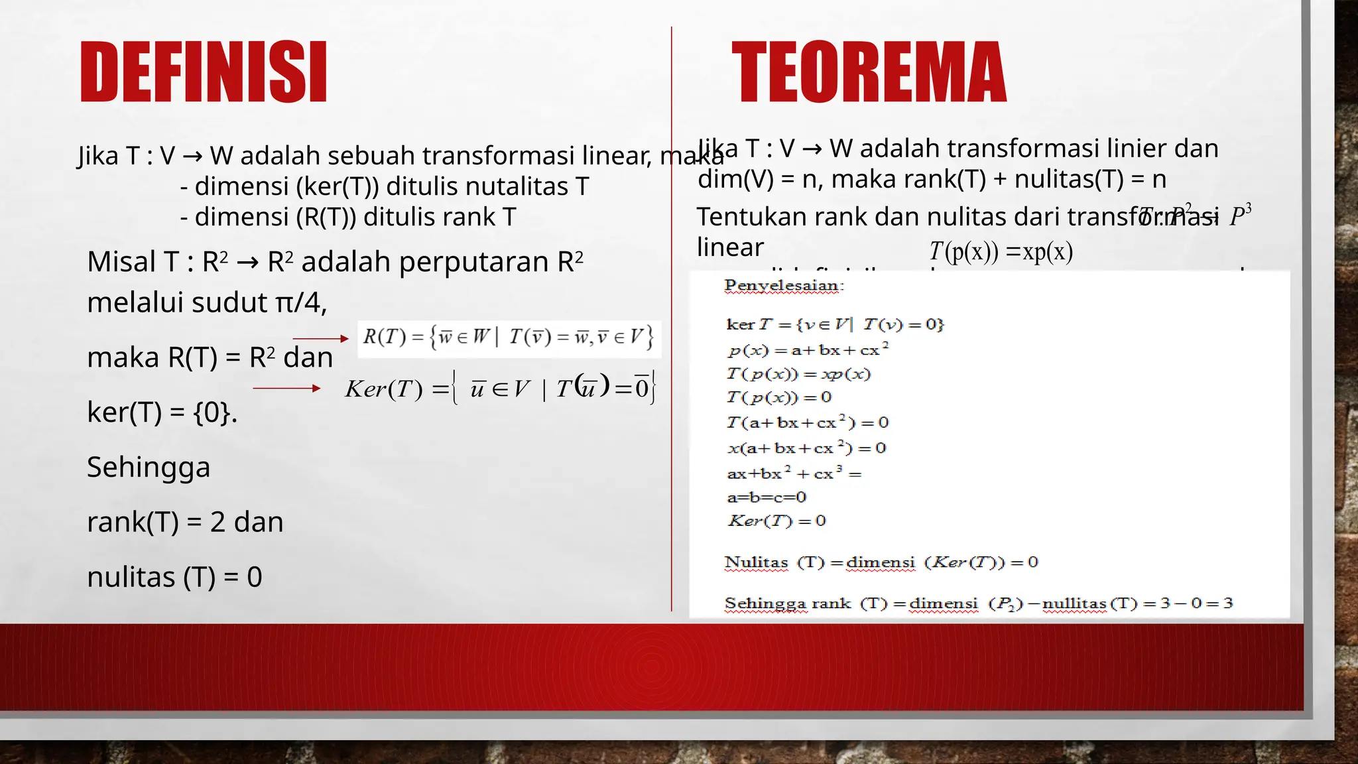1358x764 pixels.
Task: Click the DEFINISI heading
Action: coord(204,72)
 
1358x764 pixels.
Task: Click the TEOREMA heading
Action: coord(869,72)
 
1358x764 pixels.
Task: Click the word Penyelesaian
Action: coord(784,286)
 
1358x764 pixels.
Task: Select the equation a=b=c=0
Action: coord(767,497)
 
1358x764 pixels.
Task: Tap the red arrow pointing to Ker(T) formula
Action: coord(286,388)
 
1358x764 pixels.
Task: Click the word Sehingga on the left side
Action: coord(149,467)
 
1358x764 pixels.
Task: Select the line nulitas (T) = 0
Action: coord(174,577)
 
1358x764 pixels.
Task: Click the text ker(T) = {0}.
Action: coord(162,413)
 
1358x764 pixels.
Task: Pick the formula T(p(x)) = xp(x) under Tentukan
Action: coord(1001,251)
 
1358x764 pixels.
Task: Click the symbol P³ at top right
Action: coord(1239,216)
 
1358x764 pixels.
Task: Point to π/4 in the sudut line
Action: coord(300,302)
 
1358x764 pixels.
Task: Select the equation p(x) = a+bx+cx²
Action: coord(807,350)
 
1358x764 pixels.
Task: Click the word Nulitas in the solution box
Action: coord(756,562)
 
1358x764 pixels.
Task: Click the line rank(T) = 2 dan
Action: coord(185,522)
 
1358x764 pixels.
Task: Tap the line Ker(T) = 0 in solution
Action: coord(776,521)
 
